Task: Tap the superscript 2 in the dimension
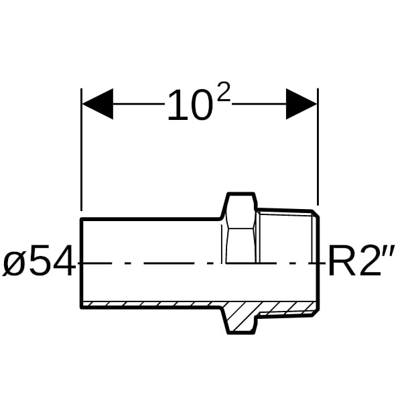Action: pos(223,92)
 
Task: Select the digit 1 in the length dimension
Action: pos(177,105)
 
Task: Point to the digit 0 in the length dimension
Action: pos(202,105)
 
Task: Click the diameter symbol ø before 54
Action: pos(14,263)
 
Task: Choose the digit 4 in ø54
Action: pos(64,260)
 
